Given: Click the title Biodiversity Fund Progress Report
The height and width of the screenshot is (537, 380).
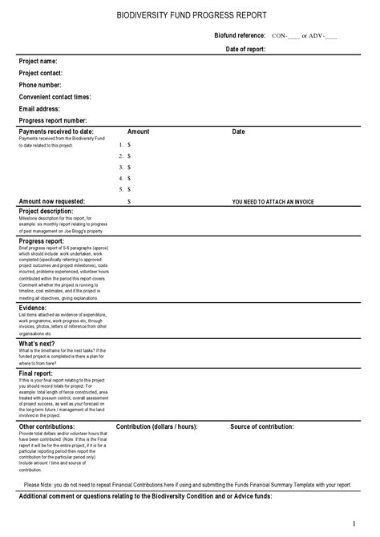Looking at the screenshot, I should pos(192,15).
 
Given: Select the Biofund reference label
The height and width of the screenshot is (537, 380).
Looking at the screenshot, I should pos(240,36).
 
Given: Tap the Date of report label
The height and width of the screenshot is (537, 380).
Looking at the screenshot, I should pos(245,49).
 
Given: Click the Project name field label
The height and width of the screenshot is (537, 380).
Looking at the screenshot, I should pos(38,61).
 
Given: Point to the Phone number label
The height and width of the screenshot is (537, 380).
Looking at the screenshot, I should pos(40,85).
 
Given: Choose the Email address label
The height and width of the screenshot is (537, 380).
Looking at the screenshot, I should pos(39,108).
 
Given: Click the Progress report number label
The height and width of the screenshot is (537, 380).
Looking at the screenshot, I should pos(52,120).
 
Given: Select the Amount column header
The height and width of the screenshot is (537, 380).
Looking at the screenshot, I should pos(138,131).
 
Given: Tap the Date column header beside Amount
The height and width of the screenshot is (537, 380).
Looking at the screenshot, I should pos(238,131).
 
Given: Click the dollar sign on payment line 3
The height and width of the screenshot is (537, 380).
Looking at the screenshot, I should pos(128,167).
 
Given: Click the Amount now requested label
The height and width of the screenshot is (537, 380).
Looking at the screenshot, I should pos(51,201).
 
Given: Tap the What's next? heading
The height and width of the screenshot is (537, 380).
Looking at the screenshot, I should pos(37,343).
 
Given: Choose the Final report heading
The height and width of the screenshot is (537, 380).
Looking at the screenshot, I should pos(37,373).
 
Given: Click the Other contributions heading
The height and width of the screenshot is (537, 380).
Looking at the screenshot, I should pos(46,426).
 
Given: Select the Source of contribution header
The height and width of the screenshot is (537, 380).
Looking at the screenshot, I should pos(262,426).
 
